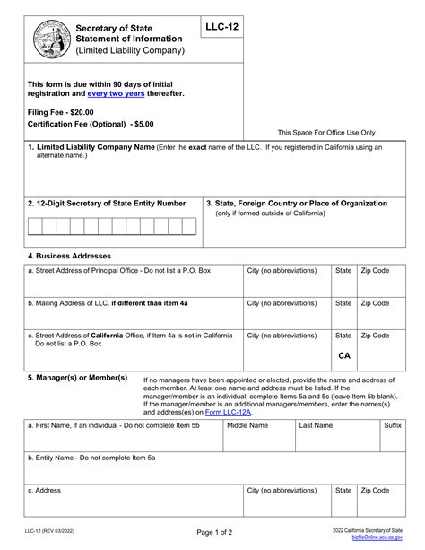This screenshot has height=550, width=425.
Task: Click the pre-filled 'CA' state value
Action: click(x=343, y=355)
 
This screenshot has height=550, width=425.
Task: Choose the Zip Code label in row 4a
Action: click(x=375, y=270)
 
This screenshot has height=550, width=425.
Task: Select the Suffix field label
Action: click(x=393, y=425)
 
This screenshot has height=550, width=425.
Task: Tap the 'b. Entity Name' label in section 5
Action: click(x=91, y=458)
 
